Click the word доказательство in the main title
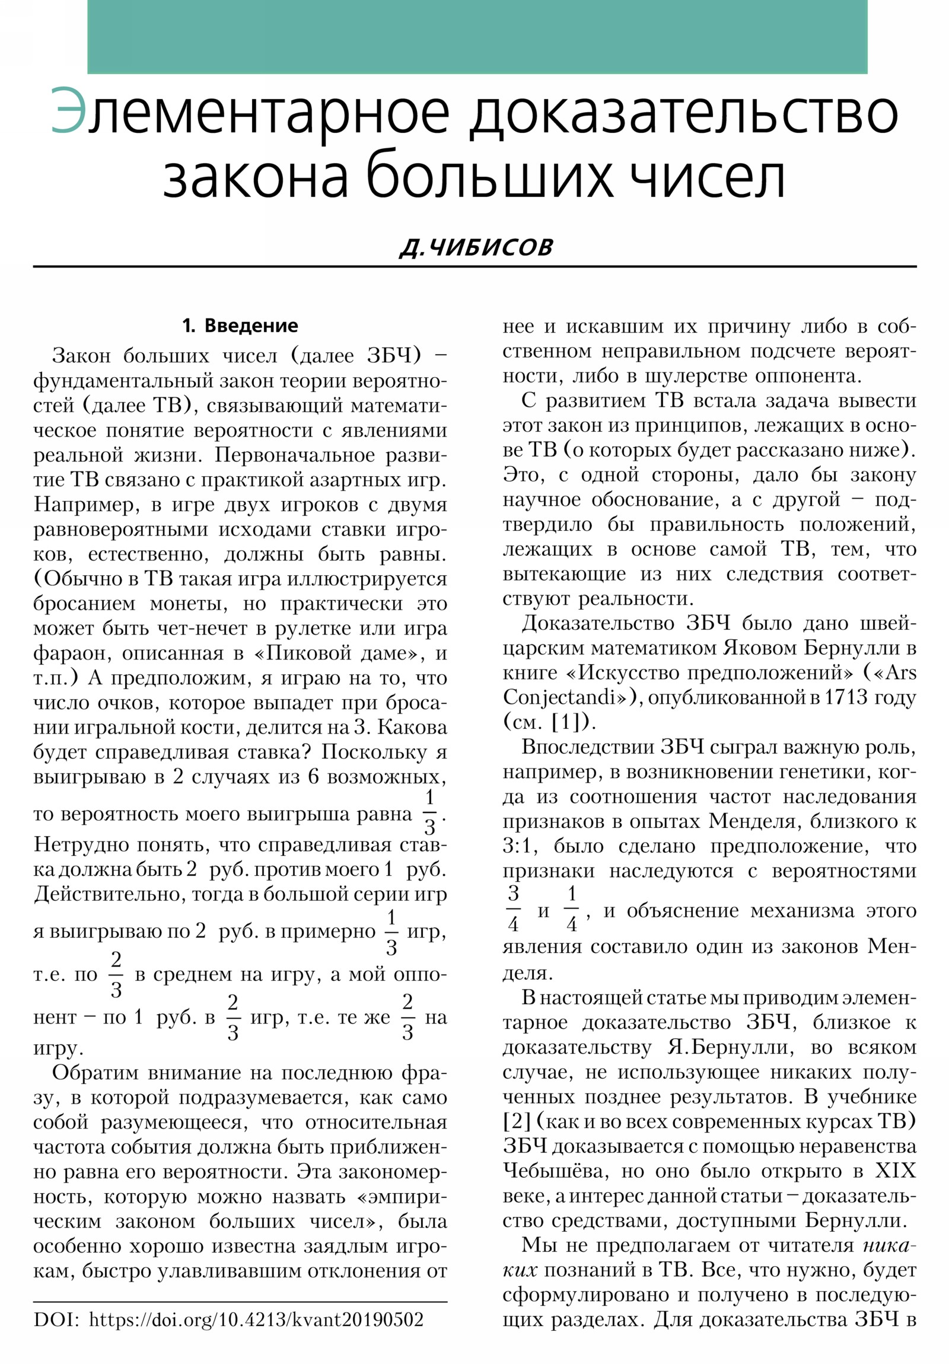[683, 113]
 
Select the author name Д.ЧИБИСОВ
[476, 247]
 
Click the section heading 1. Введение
[240, 326]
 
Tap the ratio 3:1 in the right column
[520, 845]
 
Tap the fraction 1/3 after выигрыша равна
[429, 812]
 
